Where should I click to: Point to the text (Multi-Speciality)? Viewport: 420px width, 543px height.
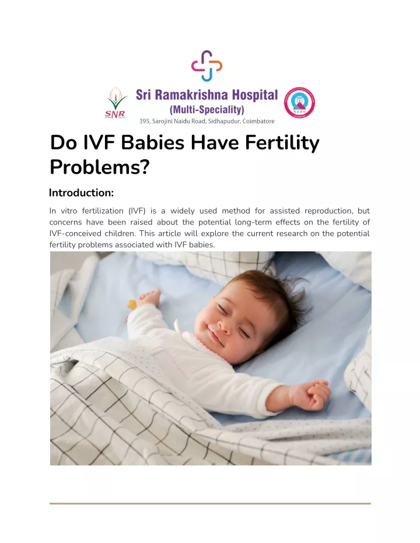pyautogui.click(x=206, y=109)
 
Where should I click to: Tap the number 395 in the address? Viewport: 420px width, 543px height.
pyautogui.click(x=146, y=121)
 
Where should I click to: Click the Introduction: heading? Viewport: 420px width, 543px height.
pyautogui.click(x=81, y=192)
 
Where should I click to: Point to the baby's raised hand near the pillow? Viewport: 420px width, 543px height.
pyautogui.click(x=149, y=299)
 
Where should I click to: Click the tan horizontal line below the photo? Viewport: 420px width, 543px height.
pyautogui.click(x=210, y=503)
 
